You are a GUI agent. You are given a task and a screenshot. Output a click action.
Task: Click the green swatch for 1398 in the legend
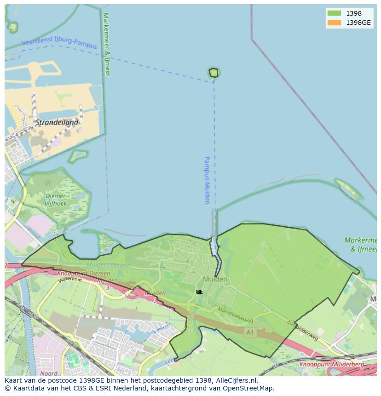334,13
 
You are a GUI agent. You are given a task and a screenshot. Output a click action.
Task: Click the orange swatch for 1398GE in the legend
334,23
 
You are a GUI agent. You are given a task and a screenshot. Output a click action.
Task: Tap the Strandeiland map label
57,123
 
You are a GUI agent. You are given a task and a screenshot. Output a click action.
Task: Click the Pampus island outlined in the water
214,73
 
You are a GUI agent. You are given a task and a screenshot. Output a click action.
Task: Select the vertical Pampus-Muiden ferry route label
207,180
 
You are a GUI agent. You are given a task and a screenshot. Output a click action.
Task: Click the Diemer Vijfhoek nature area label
56,200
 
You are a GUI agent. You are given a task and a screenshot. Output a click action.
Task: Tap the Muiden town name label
214,279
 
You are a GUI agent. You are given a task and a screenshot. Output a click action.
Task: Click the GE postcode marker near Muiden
199,292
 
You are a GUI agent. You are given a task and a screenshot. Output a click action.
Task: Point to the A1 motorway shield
250,332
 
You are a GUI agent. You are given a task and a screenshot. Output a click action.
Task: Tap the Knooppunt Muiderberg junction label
331,365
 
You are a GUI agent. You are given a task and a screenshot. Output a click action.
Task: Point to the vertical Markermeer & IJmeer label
107,44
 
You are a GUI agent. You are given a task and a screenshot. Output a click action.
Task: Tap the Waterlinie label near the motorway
70,278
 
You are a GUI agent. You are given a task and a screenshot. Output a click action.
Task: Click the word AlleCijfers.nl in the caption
237,380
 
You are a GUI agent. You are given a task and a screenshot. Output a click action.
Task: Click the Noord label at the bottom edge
49,373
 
